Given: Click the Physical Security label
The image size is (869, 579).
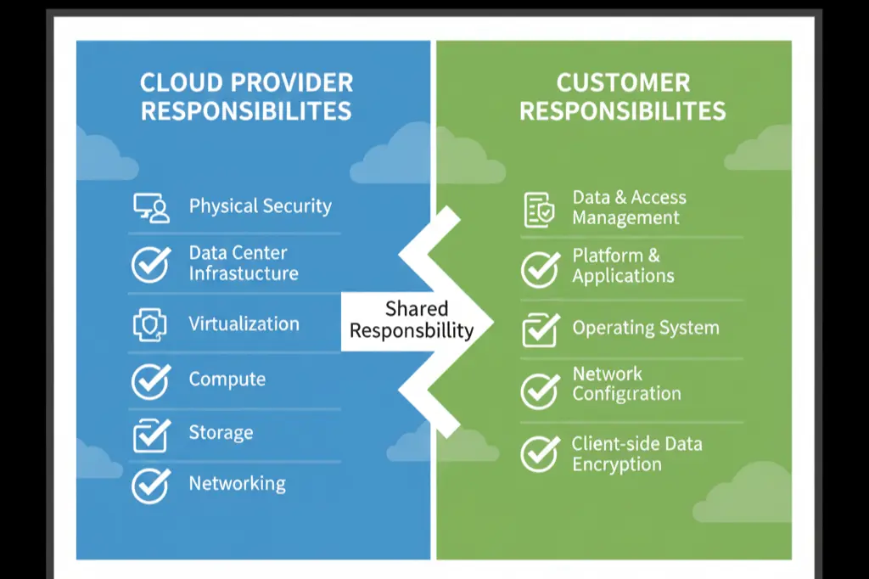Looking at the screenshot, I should [260, 206].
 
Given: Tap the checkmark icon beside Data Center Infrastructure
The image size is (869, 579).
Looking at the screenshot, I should [151, 264].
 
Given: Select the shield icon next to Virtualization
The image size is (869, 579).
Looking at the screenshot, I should [151, 323].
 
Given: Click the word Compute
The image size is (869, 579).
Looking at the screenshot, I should [227, 379].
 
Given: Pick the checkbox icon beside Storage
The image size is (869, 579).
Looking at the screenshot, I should [151, 435].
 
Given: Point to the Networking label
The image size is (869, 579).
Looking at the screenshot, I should [237, 484].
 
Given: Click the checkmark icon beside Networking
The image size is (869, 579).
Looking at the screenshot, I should [151, 485].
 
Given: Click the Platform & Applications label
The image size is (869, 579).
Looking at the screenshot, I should [623, 266].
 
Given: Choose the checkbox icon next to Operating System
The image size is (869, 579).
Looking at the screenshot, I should [540, 329].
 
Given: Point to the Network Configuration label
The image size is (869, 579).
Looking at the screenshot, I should [626, 384].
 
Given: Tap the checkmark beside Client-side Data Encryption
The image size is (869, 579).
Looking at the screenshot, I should [540, 454].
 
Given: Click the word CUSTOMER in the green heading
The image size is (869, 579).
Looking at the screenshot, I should [623, 83].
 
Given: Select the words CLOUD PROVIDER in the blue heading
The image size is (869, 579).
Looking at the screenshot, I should [246, 83].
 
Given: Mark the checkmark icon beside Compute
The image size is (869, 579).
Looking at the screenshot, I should [151, 380].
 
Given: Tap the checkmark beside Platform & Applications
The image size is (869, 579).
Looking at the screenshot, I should [540, 268].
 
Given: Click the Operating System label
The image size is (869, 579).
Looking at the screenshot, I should [645, 329].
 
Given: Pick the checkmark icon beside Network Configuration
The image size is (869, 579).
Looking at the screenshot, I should [540, 389].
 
